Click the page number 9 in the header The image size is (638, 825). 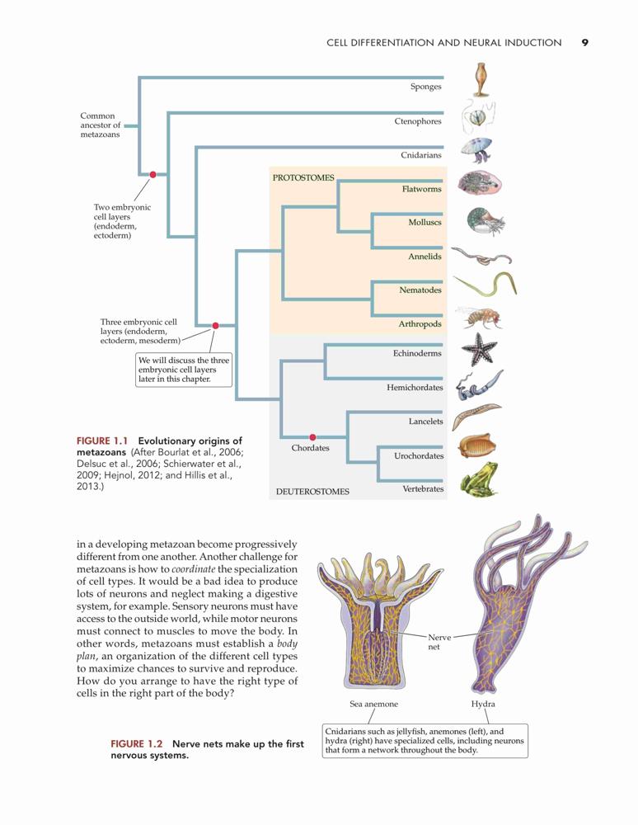(585, 43)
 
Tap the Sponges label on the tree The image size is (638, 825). (425, 87)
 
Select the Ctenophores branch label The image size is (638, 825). (418, 121)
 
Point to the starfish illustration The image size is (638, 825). (479, 349)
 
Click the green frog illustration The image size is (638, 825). (479, 479)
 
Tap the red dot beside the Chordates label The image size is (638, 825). (312, 437)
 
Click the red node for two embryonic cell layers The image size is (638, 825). (153, 175)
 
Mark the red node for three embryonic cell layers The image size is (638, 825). (215, 326)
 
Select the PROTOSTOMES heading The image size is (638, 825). (303, 178)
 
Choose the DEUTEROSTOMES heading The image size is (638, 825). (312, 492)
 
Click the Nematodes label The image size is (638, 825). (420, 290)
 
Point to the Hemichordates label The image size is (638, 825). (415, 387)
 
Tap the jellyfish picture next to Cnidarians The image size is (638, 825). (477, 149)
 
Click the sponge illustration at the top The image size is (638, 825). (480, 80)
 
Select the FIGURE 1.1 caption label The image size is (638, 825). (102, 441)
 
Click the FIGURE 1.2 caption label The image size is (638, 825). (136, 744)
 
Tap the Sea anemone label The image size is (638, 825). (373, 704)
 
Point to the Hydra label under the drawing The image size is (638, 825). (483, 704)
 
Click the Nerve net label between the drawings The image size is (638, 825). (439, 642)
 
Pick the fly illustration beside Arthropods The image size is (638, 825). (479, 318)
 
